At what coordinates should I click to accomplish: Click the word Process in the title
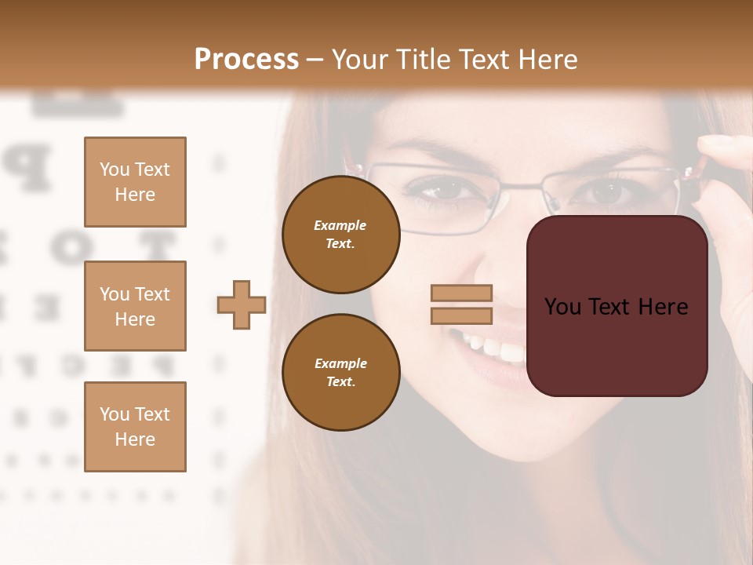click(x=246, y=60)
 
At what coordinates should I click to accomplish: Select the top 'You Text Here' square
click(x=135, y=182)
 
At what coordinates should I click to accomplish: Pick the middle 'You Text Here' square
click(x=135, y=306)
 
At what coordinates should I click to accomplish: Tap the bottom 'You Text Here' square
click(x=135, y=426)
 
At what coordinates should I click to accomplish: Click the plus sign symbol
click(x=242, y=304)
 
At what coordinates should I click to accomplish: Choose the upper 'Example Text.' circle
click(x=340, y=235)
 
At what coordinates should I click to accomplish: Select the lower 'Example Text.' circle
click(x=340, y=372)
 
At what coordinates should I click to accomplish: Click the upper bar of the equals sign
click(x=462, y=293)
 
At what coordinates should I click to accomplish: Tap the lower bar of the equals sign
click(x=462, y=316)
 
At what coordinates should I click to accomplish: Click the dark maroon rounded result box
click(x=617, y=306)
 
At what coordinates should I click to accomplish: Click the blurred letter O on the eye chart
click(x=67, y=245)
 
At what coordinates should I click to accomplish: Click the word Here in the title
click(x=547, y=60)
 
